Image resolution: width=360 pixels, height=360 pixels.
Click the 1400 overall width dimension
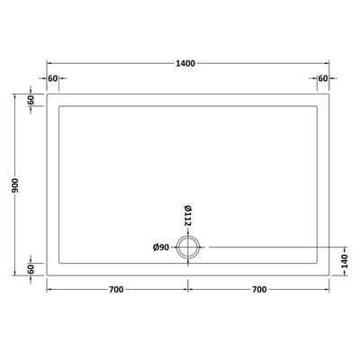(187, 64)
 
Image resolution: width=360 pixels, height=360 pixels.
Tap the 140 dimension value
(345, 259)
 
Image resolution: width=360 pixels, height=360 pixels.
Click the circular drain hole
(189, 247)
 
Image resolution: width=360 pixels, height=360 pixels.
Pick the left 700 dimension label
(116, 289)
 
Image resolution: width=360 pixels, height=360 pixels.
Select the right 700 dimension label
(258, 289)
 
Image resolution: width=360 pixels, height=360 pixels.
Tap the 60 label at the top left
(53, 79)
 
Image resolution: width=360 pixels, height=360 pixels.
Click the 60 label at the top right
(322, 79)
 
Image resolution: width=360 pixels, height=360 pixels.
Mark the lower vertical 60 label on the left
(30, 268)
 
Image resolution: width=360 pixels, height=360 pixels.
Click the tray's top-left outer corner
(47, 94)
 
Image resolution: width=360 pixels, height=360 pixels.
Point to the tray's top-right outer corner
(330, 94)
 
